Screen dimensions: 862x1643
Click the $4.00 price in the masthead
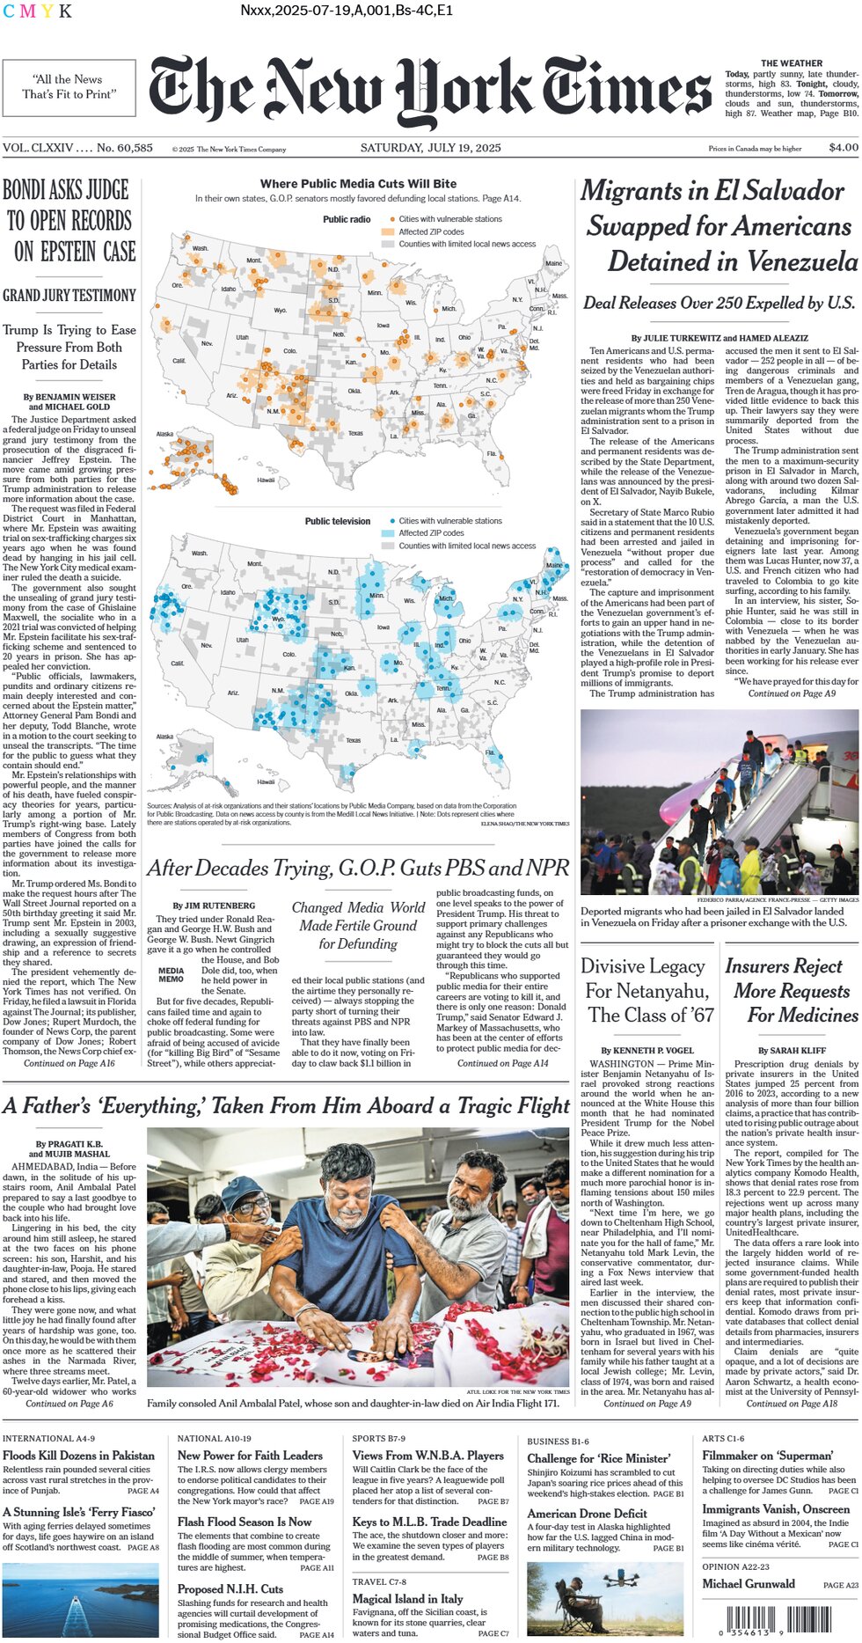pos(843,148)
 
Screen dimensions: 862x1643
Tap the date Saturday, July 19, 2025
pos(430,148)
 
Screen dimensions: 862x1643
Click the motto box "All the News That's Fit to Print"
pos(69,86)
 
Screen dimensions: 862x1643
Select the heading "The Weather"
pos(792,63)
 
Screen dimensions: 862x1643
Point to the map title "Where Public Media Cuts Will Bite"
pos(358,184)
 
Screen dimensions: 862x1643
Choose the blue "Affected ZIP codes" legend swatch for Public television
pos(388,533)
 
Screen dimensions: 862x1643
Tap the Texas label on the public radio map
pos(355,433)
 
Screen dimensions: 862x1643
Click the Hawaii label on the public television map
pos(266,781)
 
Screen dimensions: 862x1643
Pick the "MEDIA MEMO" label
pos(171,975)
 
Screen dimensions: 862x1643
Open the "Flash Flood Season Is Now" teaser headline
pos(245,1522)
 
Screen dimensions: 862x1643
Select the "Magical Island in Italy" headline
pos(407,1598)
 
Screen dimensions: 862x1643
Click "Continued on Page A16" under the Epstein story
pos(69,1063)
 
